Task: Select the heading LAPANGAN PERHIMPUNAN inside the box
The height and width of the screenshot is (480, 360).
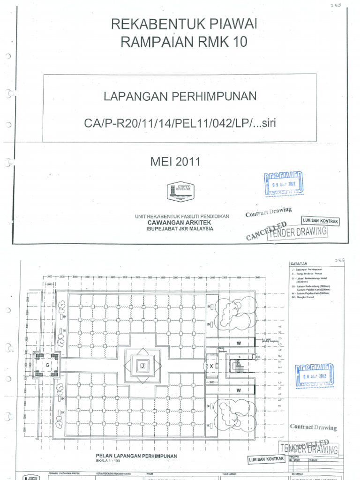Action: pyautogui.click(x=180, y=97)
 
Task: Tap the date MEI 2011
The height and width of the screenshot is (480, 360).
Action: pyautogui.click(x=175, y=162)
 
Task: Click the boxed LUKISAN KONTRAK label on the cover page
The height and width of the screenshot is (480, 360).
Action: pyautogui.click(x=320, y=221)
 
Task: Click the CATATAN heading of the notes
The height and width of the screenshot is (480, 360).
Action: pyautogui.click(x=299, y=264)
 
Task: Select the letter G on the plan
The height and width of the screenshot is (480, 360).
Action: pyautogui.click(x=47, y=364)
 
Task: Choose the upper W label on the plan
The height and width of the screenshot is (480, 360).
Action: pyautogui.click(x=238, y=343)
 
